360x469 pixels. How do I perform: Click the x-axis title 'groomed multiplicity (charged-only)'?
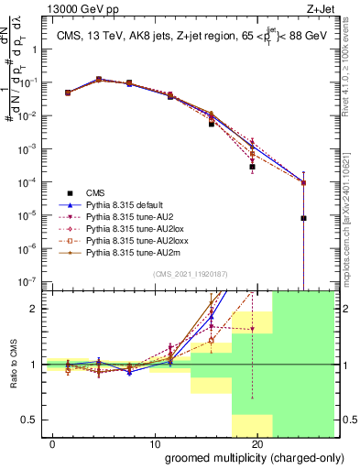242,458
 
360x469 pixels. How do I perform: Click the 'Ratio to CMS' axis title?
11,365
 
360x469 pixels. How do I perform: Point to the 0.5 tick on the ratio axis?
30,420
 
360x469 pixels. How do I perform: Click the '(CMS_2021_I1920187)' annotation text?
183,273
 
